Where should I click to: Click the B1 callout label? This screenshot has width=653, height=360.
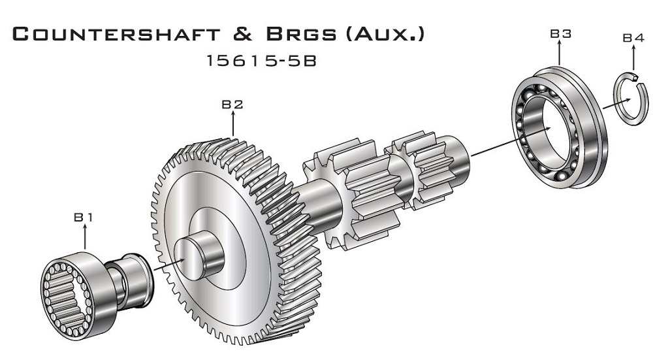84,217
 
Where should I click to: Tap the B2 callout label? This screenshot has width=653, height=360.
232,104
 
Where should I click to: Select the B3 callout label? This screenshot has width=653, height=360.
560,33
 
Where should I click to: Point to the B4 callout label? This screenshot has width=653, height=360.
633,38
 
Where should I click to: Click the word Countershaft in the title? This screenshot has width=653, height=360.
116,34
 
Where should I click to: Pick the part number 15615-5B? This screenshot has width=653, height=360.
262,61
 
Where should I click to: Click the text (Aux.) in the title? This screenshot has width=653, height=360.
385,34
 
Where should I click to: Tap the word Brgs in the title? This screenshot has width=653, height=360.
301,34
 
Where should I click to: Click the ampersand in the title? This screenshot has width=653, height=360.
243,34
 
